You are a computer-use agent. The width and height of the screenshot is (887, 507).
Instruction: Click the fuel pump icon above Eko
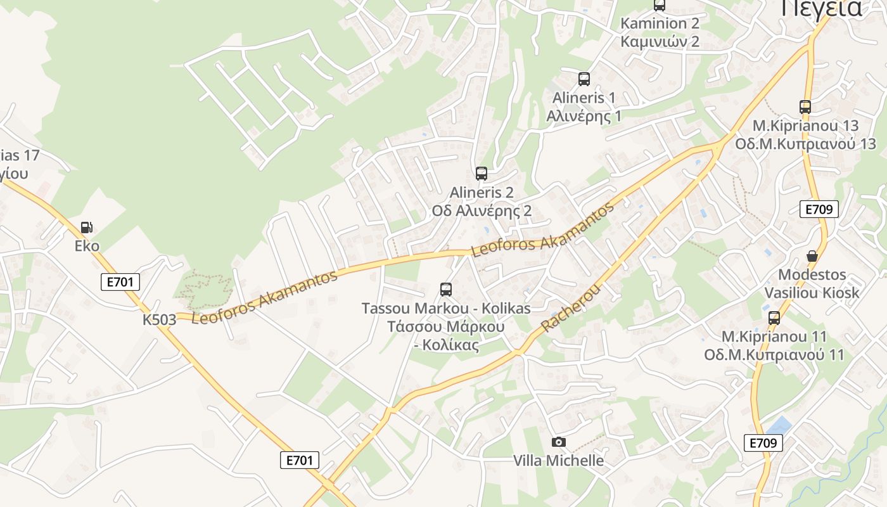point(86,228)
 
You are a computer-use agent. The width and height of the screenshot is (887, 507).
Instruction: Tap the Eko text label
point(87,246)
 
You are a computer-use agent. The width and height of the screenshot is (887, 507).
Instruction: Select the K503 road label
point(159,319)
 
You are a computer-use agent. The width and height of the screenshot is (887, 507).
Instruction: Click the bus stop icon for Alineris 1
point(584,79)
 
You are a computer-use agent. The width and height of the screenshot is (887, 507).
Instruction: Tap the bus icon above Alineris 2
point(481,173)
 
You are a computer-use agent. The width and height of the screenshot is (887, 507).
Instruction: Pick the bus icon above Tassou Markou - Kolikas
point(445,290)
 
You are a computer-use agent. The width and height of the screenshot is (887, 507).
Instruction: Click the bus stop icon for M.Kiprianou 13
point(805,106)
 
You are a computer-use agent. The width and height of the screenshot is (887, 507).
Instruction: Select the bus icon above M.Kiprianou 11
point(774,318)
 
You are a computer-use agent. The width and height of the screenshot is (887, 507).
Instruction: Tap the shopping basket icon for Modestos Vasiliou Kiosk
point(812,256)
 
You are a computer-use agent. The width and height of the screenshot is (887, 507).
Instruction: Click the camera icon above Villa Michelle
point(558,442)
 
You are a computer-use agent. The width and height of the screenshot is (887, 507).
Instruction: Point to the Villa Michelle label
point(558,461)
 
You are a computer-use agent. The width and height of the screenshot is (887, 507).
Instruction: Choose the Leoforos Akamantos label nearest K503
point(264,298)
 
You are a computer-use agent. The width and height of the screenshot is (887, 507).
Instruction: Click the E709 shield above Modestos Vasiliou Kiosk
point(819,209)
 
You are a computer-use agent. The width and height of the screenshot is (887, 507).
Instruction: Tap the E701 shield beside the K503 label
point(120,282)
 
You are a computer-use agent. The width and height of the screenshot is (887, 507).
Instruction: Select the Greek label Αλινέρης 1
point(584,116)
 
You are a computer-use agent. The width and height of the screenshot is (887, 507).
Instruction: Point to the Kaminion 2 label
point(660,23)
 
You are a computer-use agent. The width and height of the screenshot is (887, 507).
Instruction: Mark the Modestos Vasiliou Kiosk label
point(812,283)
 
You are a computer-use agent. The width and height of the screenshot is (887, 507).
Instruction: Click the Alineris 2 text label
point(481,192)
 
